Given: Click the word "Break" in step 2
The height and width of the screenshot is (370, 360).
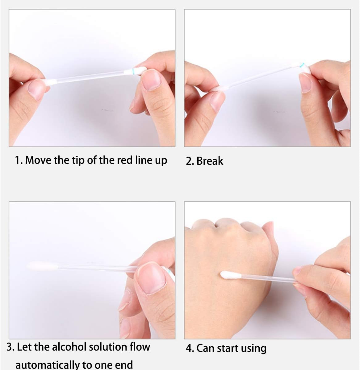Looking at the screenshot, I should (x=210, y=161).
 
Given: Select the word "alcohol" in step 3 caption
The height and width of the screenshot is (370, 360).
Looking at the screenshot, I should (x=69, y=347).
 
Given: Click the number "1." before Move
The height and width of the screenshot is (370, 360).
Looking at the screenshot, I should (x=19, y=160).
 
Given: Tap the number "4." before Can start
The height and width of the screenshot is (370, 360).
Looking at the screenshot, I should (x=190, y=348).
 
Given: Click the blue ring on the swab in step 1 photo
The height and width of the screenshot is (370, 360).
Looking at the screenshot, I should (x=133, y=72).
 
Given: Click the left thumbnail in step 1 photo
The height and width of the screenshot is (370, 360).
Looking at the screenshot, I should (x=36, y=88).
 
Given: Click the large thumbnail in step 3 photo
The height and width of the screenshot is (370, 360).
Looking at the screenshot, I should (x=151, y=277).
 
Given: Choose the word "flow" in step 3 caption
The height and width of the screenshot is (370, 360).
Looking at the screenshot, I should (x=140, y=347).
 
